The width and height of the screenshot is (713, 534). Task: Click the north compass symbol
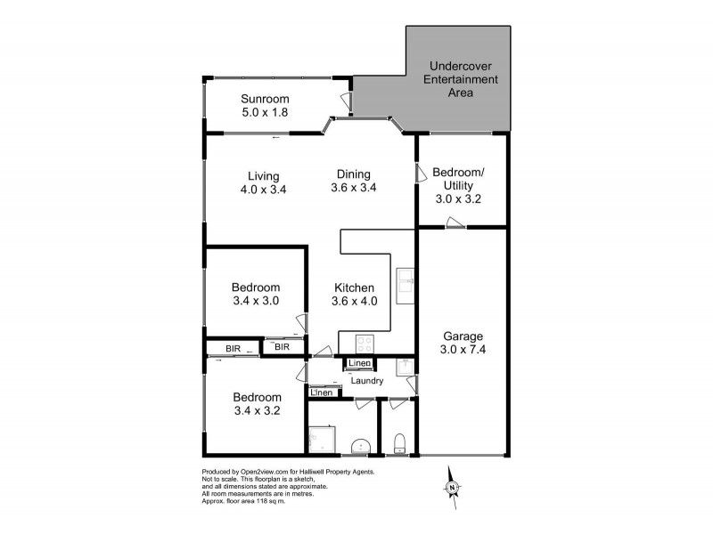tap(453, 487)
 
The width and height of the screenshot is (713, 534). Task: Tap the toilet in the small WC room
tap(400, 442)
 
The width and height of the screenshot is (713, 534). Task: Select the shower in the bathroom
tap(320, 440)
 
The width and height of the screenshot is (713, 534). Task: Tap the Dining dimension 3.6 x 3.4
tap(353, 189)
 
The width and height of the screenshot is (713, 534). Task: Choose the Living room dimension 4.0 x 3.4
tap(265, 189)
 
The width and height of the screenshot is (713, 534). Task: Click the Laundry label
tap(367, 381)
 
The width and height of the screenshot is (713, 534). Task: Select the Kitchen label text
tap(354, 287)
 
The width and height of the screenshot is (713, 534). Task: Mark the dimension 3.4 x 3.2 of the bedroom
tap(257, 412)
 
